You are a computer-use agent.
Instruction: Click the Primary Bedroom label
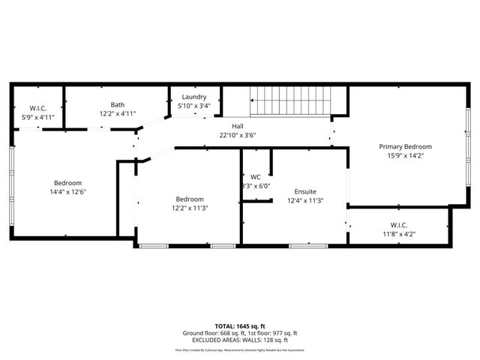coord(405,146)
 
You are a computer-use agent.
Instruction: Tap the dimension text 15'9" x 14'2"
coord(405,156)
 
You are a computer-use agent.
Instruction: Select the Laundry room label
coord(193,97)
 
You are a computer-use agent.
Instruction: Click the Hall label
coord(237,126)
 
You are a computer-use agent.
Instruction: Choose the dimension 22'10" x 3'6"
coord(237,136)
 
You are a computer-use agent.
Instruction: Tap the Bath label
coord(118,105)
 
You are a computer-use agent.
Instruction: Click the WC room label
coord(255,177)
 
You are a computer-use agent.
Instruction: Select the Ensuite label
coord(305,191)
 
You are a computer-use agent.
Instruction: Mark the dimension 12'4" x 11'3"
coord(305,201)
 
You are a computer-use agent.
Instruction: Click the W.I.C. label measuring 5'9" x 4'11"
coord(38,108)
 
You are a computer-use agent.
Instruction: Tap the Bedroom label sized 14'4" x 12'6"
coord(67,182)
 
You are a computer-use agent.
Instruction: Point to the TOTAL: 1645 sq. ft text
coord(240,326)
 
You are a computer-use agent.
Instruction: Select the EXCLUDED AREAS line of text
coord(240,340)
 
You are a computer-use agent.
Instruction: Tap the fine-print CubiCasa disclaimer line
coord(240,349)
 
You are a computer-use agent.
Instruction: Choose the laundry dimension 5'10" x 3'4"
coord(193,106)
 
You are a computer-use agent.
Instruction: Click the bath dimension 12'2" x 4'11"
coord(118,114)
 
